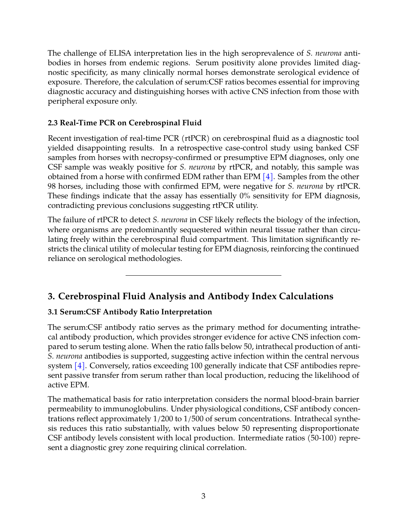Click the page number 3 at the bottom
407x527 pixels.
coord(203,496)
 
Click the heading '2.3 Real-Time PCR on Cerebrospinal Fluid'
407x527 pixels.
coord(124,123)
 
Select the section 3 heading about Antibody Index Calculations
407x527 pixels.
coord(190,296)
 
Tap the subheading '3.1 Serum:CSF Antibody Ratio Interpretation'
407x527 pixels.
coord(130,312)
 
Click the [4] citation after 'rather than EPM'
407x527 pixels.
coord(268,177)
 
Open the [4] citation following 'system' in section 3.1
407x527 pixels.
coord(80,366)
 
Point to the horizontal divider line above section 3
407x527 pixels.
coord(203,275)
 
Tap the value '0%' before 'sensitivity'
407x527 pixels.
coord(245,196)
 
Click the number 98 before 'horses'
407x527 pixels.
coord(52,186)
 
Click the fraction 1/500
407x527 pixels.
coord(195,419)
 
